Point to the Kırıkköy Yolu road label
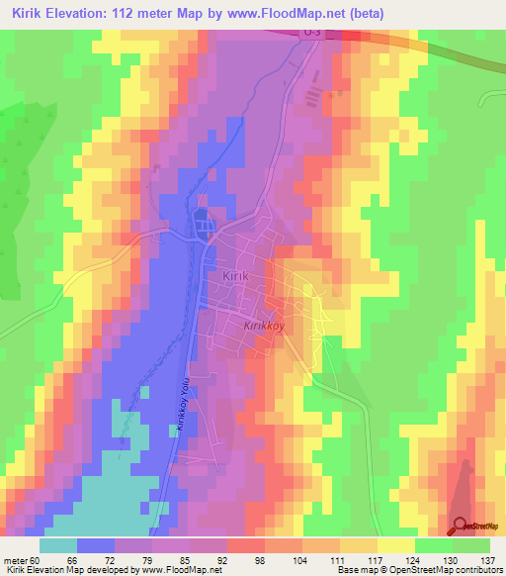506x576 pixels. [181, 404]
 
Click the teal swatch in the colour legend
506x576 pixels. [58, 545]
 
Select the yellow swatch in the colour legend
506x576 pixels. [395, 545]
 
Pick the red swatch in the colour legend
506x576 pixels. [246, 545]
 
